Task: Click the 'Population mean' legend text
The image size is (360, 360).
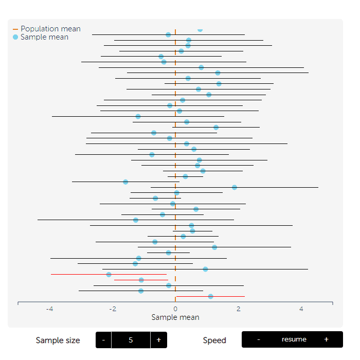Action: point(50,29)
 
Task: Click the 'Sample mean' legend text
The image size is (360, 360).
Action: point(44,38)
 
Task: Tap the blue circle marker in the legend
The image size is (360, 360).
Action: point(15,38)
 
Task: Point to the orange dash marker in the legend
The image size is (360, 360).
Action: point(15,29)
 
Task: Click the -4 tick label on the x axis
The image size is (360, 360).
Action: point(49,309)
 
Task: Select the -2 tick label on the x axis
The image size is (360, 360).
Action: point(112,309)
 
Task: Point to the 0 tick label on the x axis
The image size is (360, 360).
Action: point(175,309)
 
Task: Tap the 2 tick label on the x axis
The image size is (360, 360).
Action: point(239,309)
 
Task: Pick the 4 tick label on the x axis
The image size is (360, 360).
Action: point(301,309)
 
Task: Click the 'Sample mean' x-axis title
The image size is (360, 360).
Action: point(175,317)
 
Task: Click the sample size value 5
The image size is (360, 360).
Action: point(131,340)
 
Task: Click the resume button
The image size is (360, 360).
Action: point(294,339)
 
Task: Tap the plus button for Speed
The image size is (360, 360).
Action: point(326,339)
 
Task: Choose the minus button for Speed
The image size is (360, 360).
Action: point(258,339)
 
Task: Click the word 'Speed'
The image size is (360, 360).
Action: point(214,340)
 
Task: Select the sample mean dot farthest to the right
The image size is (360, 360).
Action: point(235,187)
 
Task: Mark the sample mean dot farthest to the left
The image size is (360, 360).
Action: point(109,275)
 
